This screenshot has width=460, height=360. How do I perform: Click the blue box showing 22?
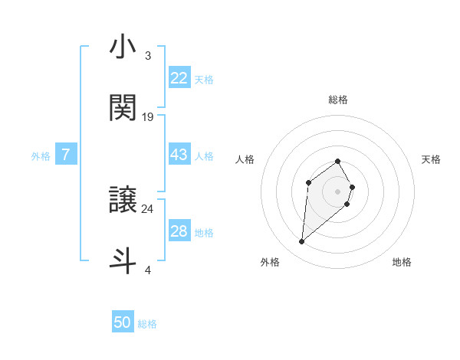[179, 78]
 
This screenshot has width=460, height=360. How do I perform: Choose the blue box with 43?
[179, 155]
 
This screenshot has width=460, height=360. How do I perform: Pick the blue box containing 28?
[179, 231]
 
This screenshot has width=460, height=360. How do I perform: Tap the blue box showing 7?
[66, 155]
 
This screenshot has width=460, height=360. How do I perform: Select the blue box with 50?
[123, 322]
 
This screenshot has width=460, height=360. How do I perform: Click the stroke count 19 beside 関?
[148, 117]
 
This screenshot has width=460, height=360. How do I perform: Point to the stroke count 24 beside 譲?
[148, 208]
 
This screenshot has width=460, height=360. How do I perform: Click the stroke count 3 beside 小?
[147, 56]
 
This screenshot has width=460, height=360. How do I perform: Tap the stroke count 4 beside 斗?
[147, 270]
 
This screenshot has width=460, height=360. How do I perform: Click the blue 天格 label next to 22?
[204, 79]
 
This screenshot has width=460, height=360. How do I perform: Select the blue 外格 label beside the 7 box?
[41, 155]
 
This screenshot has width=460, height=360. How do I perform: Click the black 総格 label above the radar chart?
[337, 100]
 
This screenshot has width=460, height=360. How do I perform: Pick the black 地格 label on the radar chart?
[402, 262]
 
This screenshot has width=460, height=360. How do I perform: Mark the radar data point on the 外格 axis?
[302, 242]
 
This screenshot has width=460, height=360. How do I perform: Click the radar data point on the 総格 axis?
[337, 161]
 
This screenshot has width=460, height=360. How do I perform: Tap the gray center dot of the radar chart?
[337, 191]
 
